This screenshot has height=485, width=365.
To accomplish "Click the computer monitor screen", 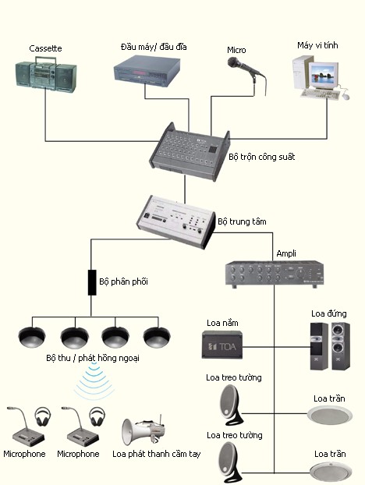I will (x=321, y=76).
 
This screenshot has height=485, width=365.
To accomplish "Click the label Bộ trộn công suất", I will (x=262, y=157).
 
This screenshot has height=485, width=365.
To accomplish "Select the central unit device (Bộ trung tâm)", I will (x=175, y=220).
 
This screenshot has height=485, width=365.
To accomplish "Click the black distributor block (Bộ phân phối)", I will (x=91, y=281).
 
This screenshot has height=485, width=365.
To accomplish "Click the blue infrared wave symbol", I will (x=93, y=381).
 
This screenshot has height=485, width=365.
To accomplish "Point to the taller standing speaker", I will (x=338, y=342).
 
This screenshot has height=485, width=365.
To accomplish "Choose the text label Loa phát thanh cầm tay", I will (x=157, y=453).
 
